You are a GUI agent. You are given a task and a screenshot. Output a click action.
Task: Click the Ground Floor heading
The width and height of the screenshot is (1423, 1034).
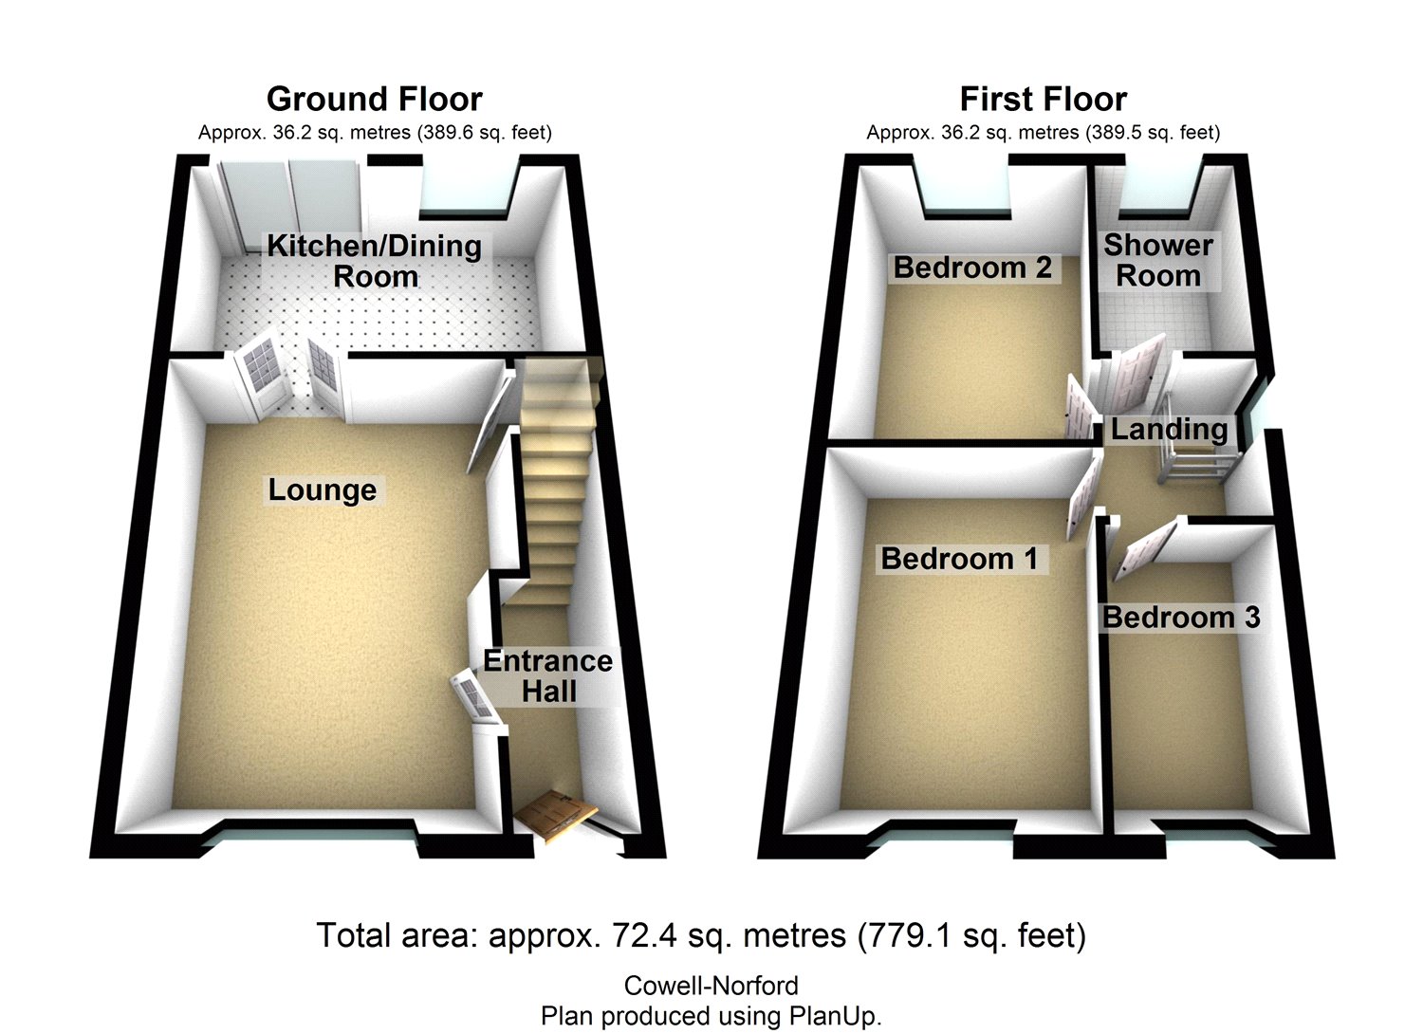[374, 99]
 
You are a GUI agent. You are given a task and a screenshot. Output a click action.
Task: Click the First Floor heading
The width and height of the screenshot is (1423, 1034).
[1043, 99]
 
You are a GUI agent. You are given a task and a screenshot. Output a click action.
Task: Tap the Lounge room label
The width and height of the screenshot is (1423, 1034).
[322, 489]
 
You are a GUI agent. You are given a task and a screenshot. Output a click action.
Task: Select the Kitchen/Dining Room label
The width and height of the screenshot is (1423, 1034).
[374, 261]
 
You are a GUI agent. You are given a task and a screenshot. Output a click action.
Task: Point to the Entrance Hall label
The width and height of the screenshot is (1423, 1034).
[547, 675]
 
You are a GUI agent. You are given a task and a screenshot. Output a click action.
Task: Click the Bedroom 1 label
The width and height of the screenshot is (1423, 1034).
[959, 559]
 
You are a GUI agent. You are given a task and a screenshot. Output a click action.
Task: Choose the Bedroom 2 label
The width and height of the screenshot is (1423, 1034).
[972, 268]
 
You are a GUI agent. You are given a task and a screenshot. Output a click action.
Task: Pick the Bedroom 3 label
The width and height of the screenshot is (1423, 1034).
[1180, 618]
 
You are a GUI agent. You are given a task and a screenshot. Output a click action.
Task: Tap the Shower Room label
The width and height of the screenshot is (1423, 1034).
[1157, 260]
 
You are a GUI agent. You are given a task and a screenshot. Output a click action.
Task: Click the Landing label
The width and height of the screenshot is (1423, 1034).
[1169, 429]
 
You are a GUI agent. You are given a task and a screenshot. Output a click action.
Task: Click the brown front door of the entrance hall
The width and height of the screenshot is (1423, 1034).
[557, 814]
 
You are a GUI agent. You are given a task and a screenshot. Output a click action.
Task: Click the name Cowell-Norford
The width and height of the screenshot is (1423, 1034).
[711, 986]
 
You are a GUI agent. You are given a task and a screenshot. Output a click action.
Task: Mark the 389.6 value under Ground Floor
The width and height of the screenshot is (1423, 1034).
[447, 133]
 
